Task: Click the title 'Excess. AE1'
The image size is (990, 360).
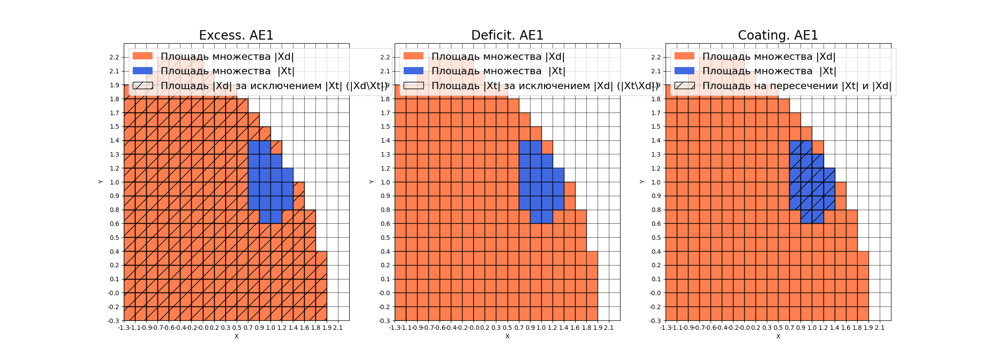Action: point(236,35)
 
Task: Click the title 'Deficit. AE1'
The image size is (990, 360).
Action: point(507,35)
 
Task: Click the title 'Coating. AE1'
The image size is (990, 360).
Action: point(778,35)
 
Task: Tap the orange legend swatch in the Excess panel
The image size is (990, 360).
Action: point(143,56)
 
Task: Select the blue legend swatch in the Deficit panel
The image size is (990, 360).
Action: point(414,71)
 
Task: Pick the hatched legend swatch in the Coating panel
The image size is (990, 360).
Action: point(684,85)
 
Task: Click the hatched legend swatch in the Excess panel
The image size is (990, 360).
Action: point(143,85)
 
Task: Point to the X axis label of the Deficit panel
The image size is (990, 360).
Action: point(507,336)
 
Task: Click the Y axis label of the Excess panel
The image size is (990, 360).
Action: point(101,182)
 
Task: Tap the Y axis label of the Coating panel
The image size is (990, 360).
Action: point(643,182)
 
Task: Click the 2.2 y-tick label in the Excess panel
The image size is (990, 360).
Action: point(114,57)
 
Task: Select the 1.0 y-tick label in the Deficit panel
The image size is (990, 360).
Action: point(385,182)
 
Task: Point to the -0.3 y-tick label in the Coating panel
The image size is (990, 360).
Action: point(655,321)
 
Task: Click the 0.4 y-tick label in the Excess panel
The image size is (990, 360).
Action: point(114,252)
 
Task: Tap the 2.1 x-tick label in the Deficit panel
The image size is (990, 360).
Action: point(608,328)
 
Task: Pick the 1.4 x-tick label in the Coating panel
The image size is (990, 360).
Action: point(835,328)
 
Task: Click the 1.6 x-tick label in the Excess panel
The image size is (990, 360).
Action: point(304,328)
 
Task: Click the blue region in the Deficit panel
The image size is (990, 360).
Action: point(541,182)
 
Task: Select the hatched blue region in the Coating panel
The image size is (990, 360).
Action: point(812,182)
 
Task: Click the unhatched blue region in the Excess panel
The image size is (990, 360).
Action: point(270,182)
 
